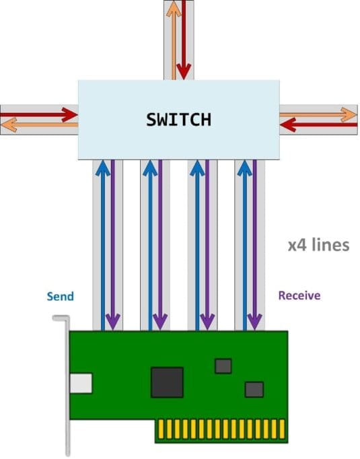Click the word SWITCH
(178, 120)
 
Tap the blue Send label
(60, 296)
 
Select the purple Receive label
(299, 295)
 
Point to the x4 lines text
(318, 244)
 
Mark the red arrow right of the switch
(316, 125)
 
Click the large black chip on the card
(168, 382)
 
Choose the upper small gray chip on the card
(223, 365)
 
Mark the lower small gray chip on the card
(254, 389)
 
